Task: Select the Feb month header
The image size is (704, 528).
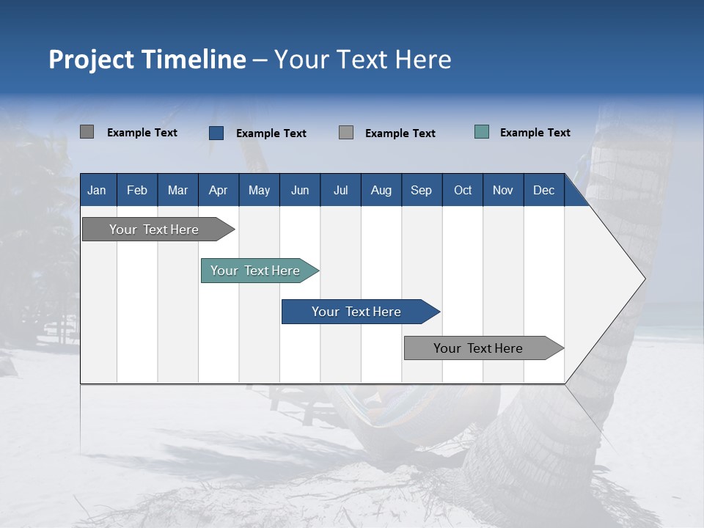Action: click(x=137, y=190)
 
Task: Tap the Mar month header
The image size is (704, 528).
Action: click(x=177, y=190)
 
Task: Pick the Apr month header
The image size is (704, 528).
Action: click(x=219, y=190)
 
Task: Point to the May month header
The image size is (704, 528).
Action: click(x=260, y=190)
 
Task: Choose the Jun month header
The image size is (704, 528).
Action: click(x=300, y=190)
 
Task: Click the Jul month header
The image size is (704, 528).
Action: click(x=341, y=190)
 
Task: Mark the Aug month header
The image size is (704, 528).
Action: click(x=381, y=190)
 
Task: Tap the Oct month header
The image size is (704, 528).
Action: click(x=463, y=190)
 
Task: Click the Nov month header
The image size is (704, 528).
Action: click(x=503, y=190)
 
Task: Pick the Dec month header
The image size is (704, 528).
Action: click(x=544, y=190)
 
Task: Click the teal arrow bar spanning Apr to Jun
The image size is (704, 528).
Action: click(x=260, y=271)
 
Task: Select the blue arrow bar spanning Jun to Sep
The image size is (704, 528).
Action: click(x=361, y=312)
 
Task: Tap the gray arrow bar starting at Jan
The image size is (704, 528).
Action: click(x=158, y=230)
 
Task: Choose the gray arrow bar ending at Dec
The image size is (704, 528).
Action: click(x=484, y=348)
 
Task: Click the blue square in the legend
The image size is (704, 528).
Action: click(x=216, y=133)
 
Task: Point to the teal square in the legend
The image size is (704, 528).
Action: click(x=482, y=132)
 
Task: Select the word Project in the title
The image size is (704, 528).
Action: click(x=91, y=60)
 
